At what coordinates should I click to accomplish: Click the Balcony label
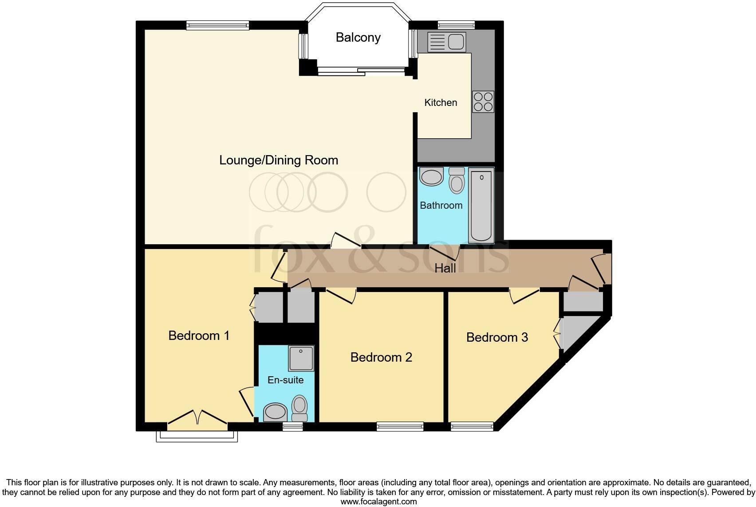(x=358, y=38)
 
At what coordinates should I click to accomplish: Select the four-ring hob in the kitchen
(x=483, y=102)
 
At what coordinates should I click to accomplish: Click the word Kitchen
(x=441, y=103)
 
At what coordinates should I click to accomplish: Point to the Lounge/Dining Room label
(x=279, y=160)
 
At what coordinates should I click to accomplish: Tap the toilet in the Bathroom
(x=457, y=181)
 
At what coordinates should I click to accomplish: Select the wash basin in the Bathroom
(x=431, y=177)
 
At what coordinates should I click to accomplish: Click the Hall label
(x=445, y=268)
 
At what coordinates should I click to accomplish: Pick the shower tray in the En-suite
(x=301, y=359)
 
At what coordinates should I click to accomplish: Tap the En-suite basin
(x=276, y=412)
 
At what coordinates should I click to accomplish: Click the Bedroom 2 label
(x=381, y=357)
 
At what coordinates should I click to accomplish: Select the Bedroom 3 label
(x=497, y=338)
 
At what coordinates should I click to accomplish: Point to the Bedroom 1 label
(x=199, y=335)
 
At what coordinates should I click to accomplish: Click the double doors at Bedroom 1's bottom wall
(x=197, y=420)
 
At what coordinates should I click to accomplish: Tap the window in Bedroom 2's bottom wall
(x=400, y=426)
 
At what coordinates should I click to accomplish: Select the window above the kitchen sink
(x=456, y=25)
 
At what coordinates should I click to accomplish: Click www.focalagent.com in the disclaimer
(x=378, y=502)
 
